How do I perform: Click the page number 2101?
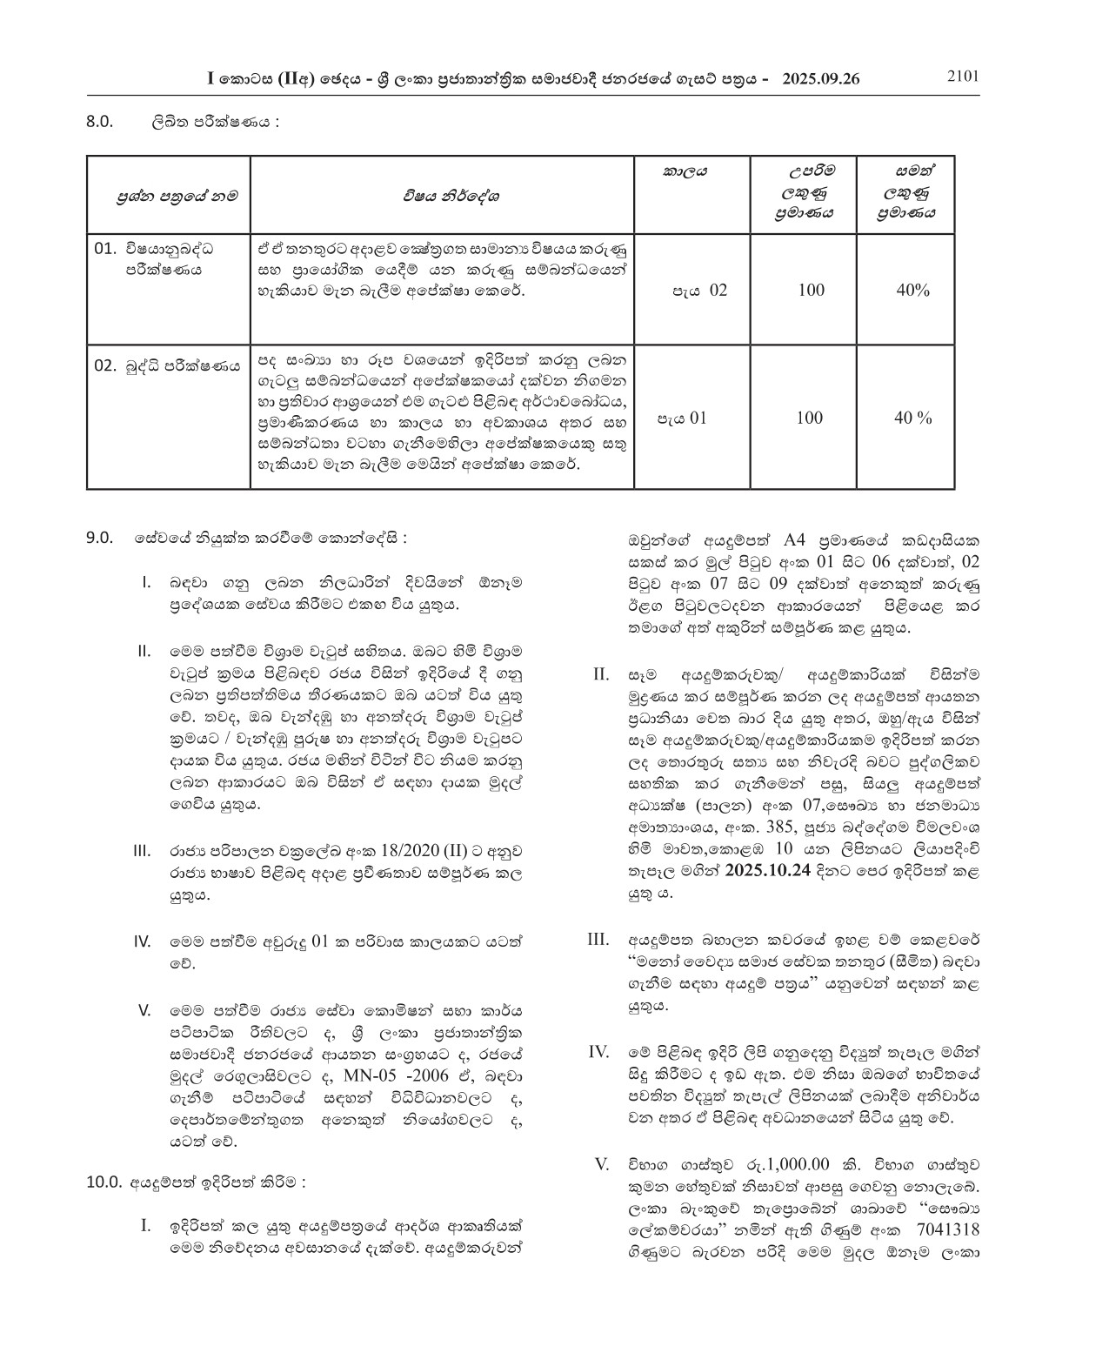coord(963,76)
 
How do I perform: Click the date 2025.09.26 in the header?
coord(820,78)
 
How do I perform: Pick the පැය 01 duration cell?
coord(682,418)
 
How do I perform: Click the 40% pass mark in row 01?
coord(912,290)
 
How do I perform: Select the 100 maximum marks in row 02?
coord(809,418)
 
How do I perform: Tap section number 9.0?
coord(100,539)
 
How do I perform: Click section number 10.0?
coord(104,1182)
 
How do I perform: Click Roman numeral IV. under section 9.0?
coord(143,941)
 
